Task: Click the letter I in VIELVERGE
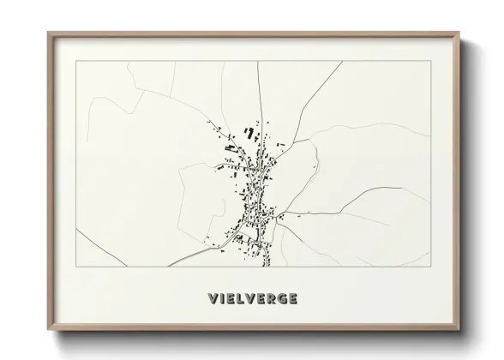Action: click(x=220, y=299)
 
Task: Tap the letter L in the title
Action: click(x=242, y=299)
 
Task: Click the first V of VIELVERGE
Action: click(x=212, y=299)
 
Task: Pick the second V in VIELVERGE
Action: click(x=253, y=299)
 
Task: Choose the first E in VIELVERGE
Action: click(x=230, y=299)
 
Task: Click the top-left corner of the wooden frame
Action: click(x=48, y=33)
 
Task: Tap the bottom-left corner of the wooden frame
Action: click(x=48, y=330)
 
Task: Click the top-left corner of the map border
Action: click(x=76, y=61)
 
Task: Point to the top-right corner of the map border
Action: click(x=430, y=61)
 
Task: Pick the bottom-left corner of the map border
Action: click(x=76, y=267)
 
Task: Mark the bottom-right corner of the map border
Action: click(x=430, y=267)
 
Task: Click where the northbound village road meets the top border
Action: click(x=258, y=61)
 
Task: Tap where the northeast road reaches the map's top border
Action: click(x=342, y=61)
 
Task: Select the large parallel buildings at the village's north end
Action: click(x=250, y=134)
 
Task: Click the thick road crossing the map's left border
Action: click(x=77, y=231)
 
